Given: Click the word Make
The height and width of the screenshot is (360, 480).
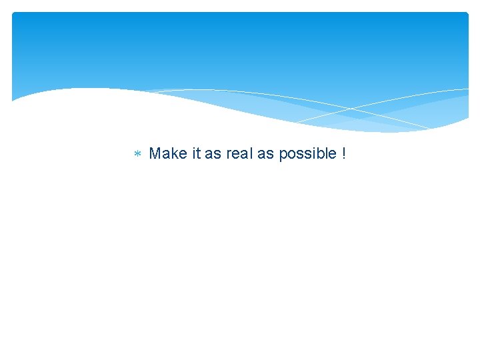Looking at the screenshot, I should click(x=168, y=153).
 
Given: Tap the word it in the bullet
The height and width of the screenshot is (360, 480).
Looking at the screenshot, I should click(x=196, y=153).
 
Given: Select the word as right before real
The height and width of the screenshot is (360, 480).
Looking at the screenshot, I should click(x=213, y=154).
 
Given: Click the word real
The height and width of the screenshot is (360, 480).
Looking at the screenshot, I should click(x=239, y=153).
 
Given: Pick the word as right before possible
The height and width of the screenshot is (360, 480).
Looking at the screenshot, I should click(x=265, y=154).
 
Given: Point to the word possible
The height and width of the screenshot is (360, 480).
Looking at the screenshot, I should click(x=307, y=154).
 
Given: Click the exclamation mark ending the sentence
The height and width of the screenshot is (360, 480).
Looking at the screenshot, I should click(x=343, y=153).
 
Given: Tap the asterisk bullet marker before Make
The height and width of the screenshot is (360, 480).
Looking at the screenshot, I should click(x=137, y=155).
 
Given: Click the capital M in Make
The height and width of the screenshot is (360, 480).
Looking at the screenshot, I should click(x=155, y=153).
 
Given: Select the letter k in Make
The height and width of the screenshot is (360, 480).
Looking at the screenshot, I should click(x=174, y=153).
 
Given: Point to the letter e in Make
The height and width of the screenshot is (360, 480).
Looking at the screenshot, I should click(x=182, y=155).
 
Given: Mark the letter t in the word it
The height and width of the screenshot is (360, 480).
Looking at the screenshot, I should click(x=198, y=153).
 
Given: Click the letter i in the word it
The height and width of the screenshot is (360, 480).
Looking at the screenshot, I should click(x=193, y=153).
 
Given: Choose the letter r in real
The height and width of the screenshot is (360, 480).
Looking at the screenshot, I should click(x=228, y=155).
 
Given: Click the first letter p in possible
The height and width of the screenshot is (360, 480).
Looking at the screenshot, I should click(x=283, y=155).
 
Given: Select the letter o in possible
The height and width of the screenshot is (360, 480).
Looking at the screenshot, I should click(x=291, y=155).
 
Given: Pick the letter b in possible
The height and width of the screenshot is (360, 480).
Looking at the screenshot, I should click(x=319, y=153).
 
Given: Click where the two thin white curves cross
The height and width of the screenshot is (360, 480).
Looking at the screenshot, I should click(x=351, y=108).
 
